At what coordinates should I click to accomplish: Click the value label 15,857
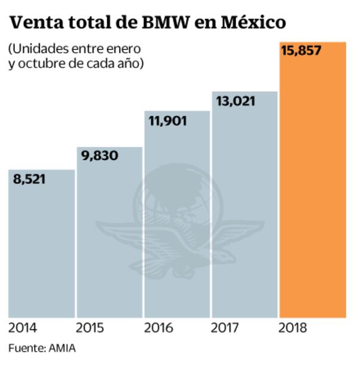(x=301, y=51)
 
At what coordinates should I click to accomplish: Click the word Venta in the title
(x=36, y=23)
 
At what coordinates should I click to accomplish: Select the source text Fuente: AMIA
(x=42, y=348)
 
